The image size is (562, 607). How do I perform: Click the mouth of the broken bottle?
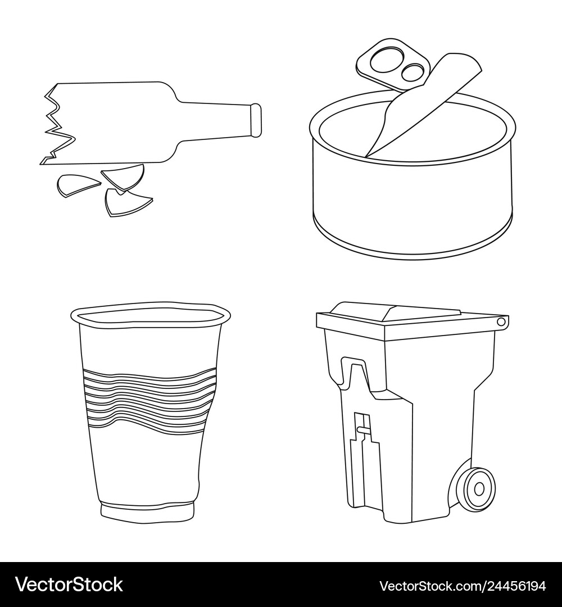256,120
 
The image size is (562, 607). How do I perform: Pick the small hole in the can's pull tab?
413,71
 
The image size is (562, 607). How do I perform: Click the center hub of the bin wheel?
479,488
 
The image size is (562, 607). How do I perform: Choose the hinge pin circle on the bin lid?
500,321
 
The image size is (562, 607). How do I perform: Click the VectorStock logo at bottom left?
69,585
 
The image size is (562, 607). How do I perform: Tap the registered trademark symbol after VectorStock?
126,578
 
